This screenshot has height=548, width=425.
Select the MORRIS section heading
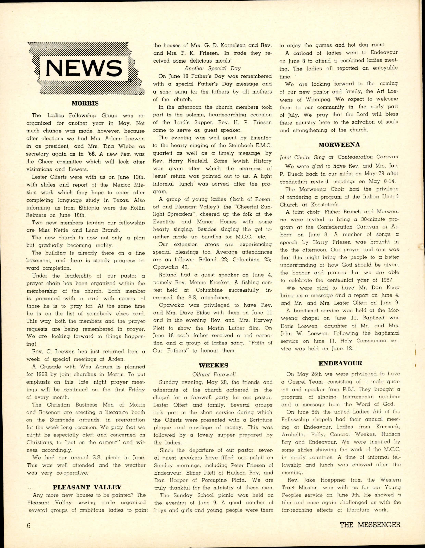85,103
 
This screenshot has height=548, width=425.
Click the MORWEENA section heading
339,145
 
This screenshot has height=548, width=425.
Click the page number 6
29,525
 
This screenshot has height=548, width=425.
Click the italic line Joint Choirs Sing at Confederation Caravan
339,157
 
